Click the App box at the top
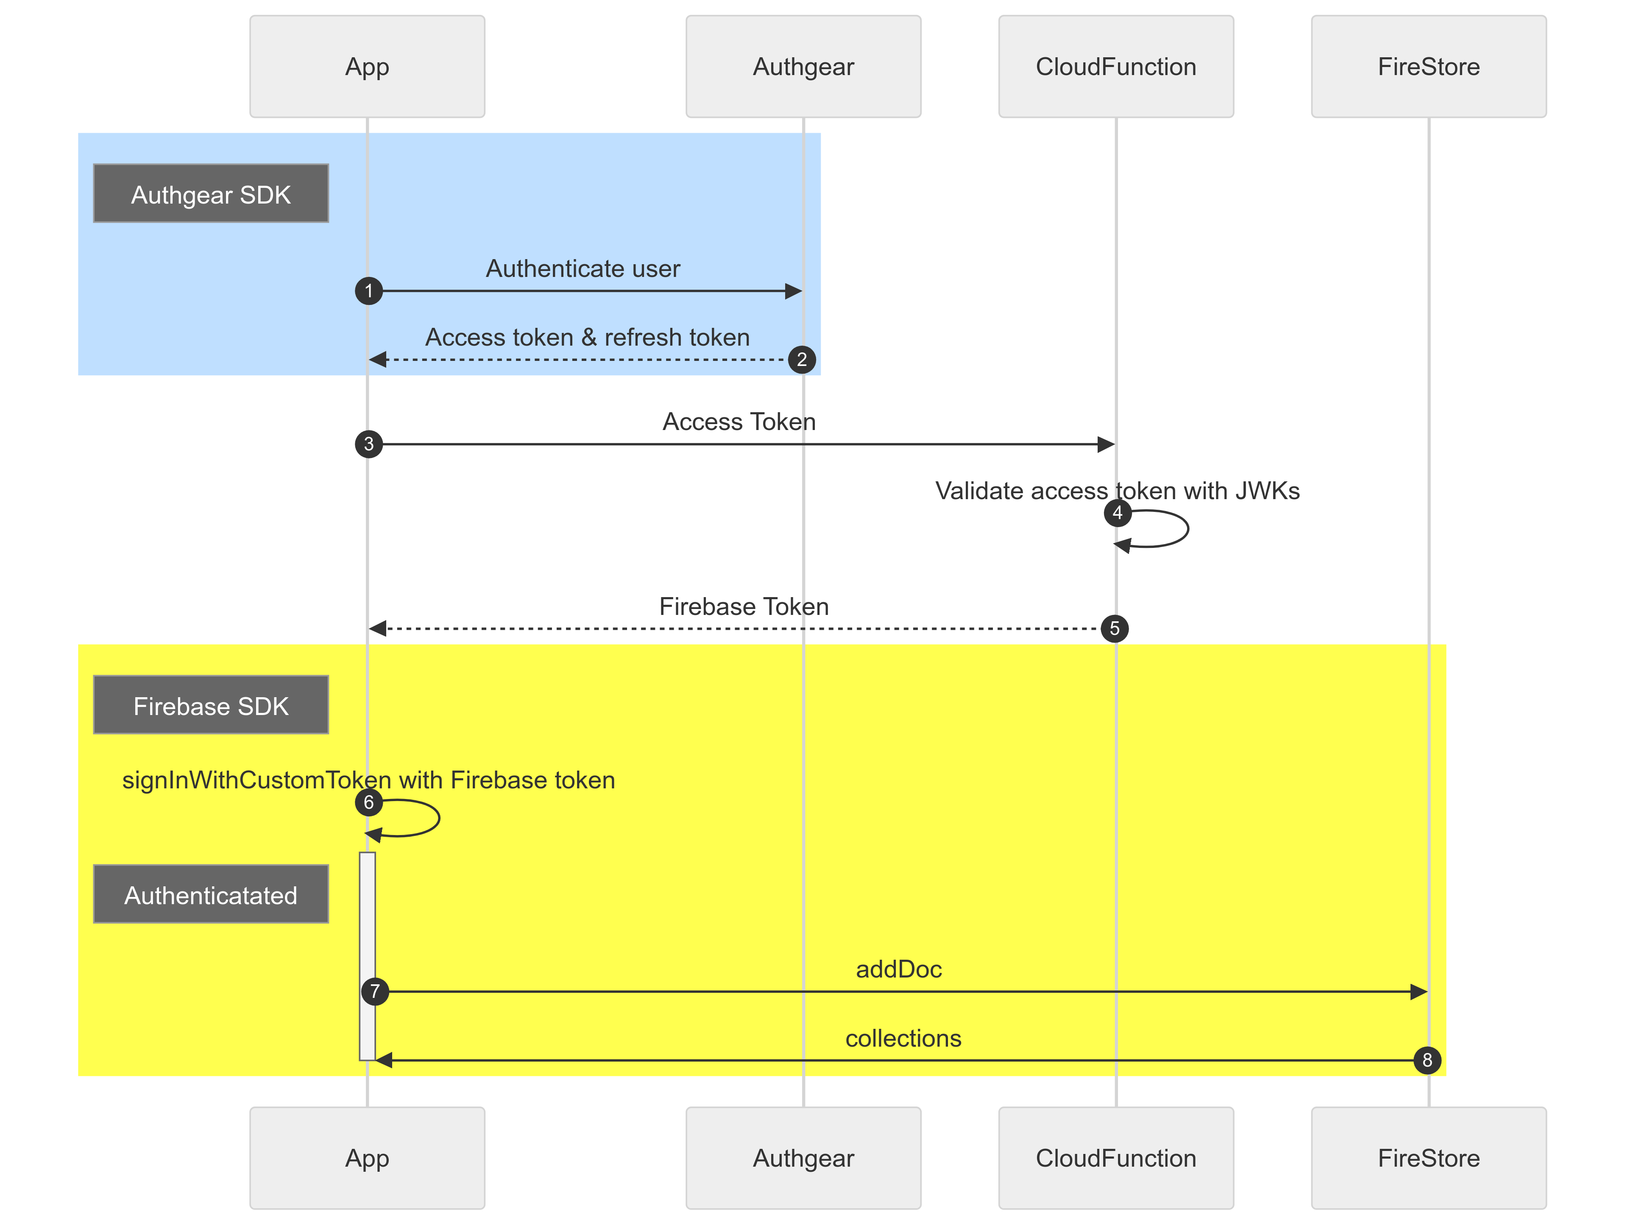(367, 66)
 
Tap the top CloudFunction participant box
(1116, 66)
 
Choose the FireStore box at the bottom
(1429, 1158)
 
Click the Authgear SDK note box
(211, 194)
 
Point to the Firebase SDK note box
(211, 705)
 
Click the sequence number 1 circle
(369, 291)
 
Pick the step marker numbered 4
(1117, 513)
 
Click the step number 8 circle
(1428, 1060)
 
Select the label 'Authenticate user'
(583, 269)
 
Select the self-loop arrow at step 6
(439, 818)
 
